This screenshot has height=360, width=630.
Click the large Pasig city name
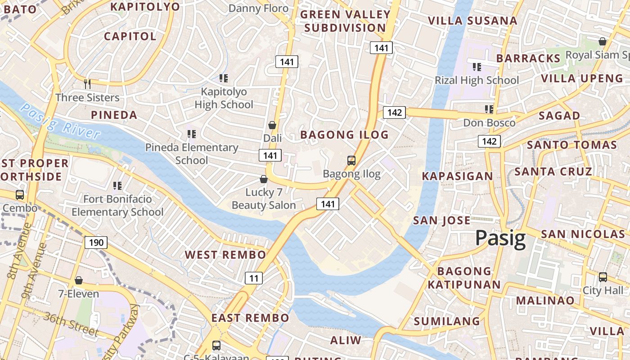500,238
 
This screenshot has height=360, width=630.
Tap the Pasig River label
61,121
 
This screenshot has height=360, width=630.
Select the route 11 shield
254,278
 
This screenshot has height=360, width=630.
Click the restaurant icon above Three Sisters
87,84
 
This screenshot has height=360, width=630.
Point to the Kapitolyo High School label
224,98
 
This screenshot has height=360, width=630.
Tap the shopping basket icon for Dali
272,125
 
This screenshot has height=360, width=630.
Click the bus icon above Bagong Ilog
351,161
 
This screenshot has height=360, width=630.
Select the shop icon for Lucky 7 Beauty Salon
264,180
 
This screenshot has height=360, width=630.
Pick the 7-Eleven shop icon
79,281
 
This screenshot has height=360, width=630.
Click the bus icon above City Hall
603,277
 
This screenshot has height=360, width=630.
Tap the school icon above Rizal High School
477,67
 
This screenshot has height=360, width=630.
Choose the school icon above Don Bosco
489,109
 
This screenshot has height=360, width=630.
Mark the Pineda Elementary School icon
192,134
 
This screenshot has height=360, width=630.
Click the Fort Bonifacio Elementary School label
117,205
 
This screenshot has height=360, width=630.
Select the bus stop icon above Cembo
20,195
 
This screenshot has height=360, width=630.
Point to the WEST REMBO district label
225,255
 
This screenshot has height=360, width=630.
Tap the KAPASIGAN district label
457,176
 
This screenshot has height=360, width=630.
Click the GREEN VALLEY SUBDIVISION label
345,21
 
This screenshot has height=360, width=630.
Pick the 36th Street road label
71,323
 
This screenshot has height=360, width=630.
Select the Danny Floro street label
258,8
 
